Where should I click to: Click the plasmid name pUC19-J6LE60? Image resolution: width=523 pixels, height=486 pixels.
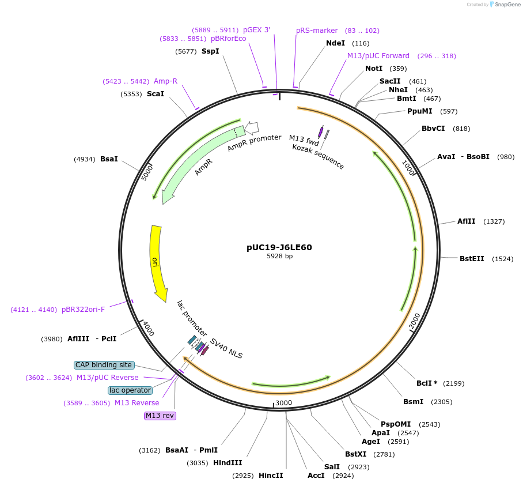[x=279, y=247]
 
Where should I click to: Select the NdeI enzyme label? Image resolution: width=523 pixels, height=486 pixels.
[x=335, y=43]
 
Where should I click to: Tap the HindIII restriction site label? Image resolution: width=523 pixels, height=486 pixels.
[x=228, y=462]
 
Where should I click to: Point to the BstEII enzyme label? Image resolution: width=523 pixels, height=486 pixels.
[x=471, y=259]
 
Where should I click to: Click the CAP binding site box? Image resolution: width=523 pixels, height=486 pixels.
[x=104, y=365]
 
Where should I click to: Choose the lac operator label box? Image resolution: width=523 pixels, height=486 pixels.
[x=130, y=390]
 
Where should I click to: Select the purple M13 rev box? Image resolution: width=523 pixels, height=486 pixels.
[x=160, y=416]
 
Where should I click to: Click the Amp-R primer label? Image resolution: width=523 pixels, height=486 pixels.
[x=165, y=81]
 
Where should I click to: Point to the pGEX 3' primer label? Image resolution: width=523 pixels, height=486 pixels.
[x=256, y=29]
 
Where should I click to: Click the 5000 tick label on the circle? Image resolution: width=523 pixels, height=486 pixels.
[x=147, y=172]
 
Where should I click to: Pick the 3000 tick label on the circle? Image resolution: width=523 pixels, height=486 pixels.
[x=284, y=402]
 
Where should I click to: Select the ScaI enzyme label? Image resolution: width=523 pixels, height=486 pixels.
[x=156, y=93]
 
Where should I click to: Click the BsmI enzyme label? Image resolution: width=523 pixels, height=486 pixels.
[x=413, y=402]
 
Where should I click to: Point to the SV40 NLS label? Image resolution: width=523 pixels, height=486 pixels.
[x=226, y=349]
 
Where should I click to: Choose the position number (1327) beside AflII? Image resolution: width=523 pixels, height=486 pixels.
[x=494, y=221]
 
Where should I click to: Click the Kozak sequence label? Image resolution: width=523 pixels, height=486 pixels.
[x=318, y=157]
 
